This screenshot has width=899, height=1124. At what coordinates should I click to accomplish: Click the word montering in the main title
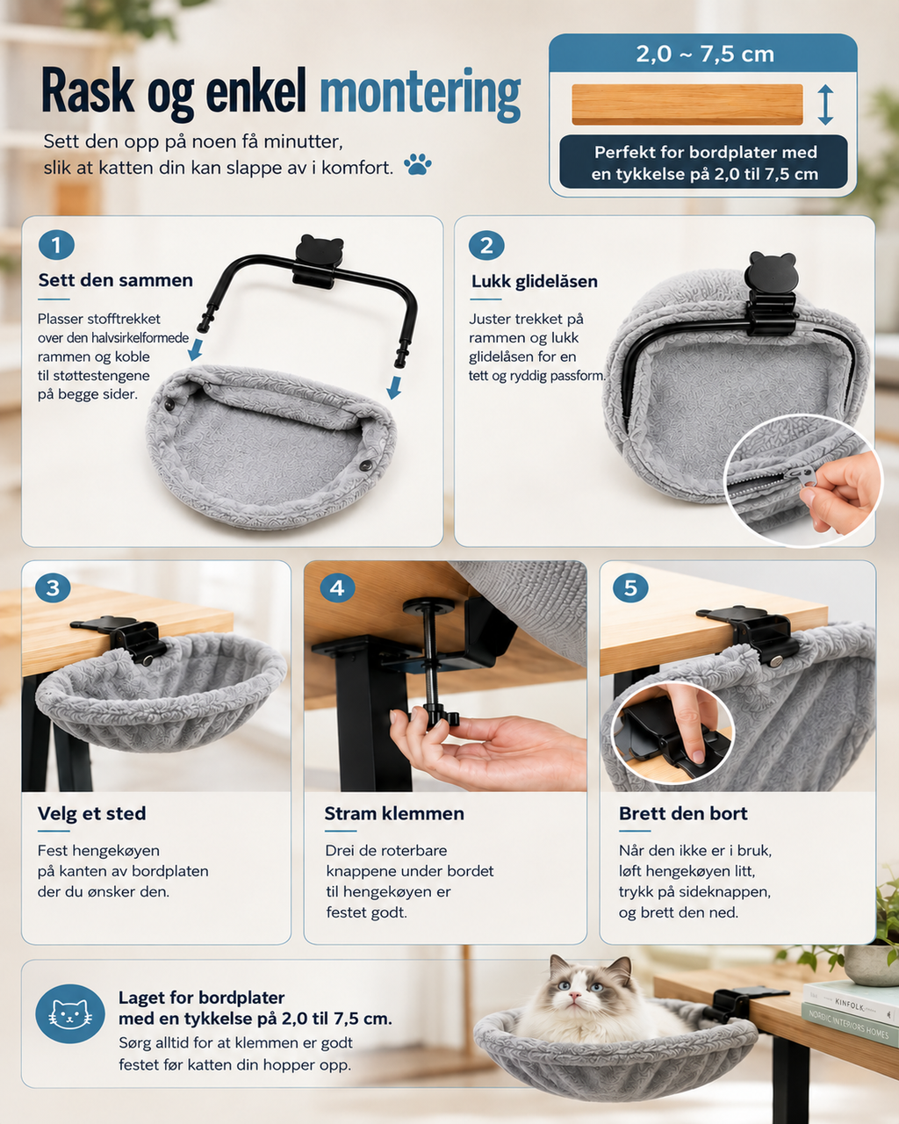420,95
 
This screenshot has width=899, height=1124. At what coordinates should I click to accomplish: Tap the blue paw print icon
418,164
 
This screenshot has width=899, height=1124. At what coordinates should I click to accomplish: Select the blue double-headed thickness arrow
825,105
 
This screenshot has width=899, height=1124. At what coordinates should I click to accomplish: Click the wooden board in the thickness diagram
687,104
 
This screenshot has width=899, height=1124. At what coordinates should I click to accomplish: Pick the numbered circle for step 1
56,245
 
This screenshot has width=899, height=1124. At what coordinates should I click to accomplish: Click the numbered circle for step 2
486,245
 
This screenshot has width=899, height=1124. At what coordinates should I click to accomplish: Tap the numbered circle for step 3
53,587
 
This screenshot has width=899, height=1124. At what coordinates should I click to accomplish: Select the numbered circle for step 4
337,587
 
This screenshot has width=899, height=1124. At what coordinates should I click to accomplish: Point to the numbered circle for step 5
630,587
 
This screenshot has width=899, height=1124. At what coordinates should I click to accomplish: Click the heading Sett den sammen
115,280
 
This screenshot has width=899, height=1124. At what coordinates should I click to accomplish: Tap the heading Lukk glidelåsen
535,282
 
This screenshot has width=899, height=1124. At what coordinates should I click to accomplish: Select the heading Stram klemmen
394,813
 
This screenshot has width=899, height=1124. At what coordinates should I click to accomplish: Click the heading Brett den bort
683,813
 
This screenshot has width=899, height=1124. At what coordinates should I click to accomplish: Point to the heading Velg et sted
92,813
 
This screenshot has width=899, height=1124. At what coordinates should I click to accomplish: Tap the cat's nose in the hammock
575,997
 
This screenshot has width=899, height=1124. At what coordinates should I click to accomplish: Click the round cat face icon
70,1013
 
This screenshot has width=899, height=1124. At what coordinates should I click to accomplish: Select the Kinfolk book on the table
850,1002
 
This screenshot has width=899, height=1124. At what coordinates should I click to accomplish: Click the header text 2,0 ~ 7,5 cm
705,54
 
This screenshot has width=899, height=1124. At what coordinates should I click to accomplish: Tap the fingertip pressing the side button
696,755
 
